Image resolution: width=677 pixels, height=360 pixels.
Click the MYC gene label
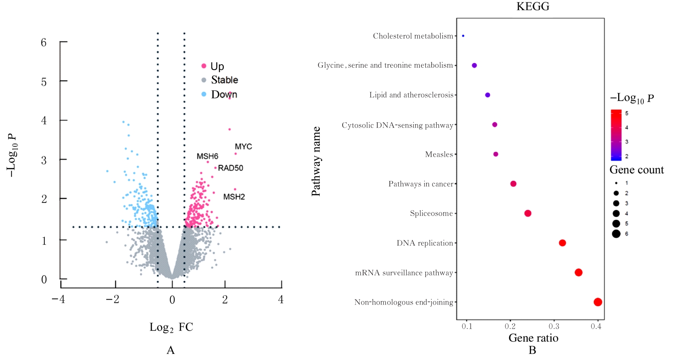pos(243,147)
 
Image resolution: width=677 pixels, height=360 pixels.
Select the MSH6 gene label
pos(207,156)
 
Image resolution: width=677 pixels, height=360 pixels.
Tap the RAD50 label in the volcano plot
pos(230,168)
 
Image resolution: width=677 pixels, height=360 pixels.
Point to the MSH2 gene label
pos(234,197)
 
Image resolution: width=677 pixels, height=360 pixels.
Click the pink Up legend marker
pos(204,66)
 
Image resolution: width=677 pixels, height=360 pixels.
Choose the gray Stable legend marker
pos(204,80)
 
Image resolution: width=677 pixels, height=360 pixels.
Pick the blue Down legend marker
pos(204,94)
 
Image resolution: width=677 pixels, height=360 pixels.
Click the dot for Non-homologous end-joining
pos(598,302)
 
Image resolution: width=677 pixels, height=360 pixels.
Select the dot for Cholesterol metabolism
pos(463,36)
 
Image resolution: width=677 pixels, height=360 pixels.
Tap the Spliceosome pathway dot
pos(528,213)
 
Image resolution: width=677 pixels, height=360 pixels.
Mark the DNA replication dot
pos(562,243)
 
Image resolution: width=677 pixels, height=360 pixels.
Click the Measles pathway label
pos(439,154)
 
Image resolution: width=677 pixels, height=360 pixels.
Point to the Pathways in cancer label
pos(421,184)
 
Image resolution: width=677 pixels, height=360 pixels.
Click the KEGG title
pos(533,6)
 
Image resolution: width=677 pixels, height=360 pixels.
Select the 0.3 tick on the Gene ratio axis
pos(554,326)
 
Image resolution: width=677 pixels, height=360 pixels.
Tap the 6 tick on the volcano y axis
pos(44,42)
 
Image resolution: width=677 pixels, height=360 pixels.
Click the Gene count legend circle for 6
pos(616,234)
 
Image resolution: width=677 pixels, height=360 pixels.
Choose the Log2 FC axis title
pos(171,327)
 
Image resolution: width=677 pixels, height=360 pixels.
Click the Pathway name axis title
pos(316,161)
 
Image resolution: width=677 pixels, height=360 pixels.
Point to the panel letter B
pos(532,350)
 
